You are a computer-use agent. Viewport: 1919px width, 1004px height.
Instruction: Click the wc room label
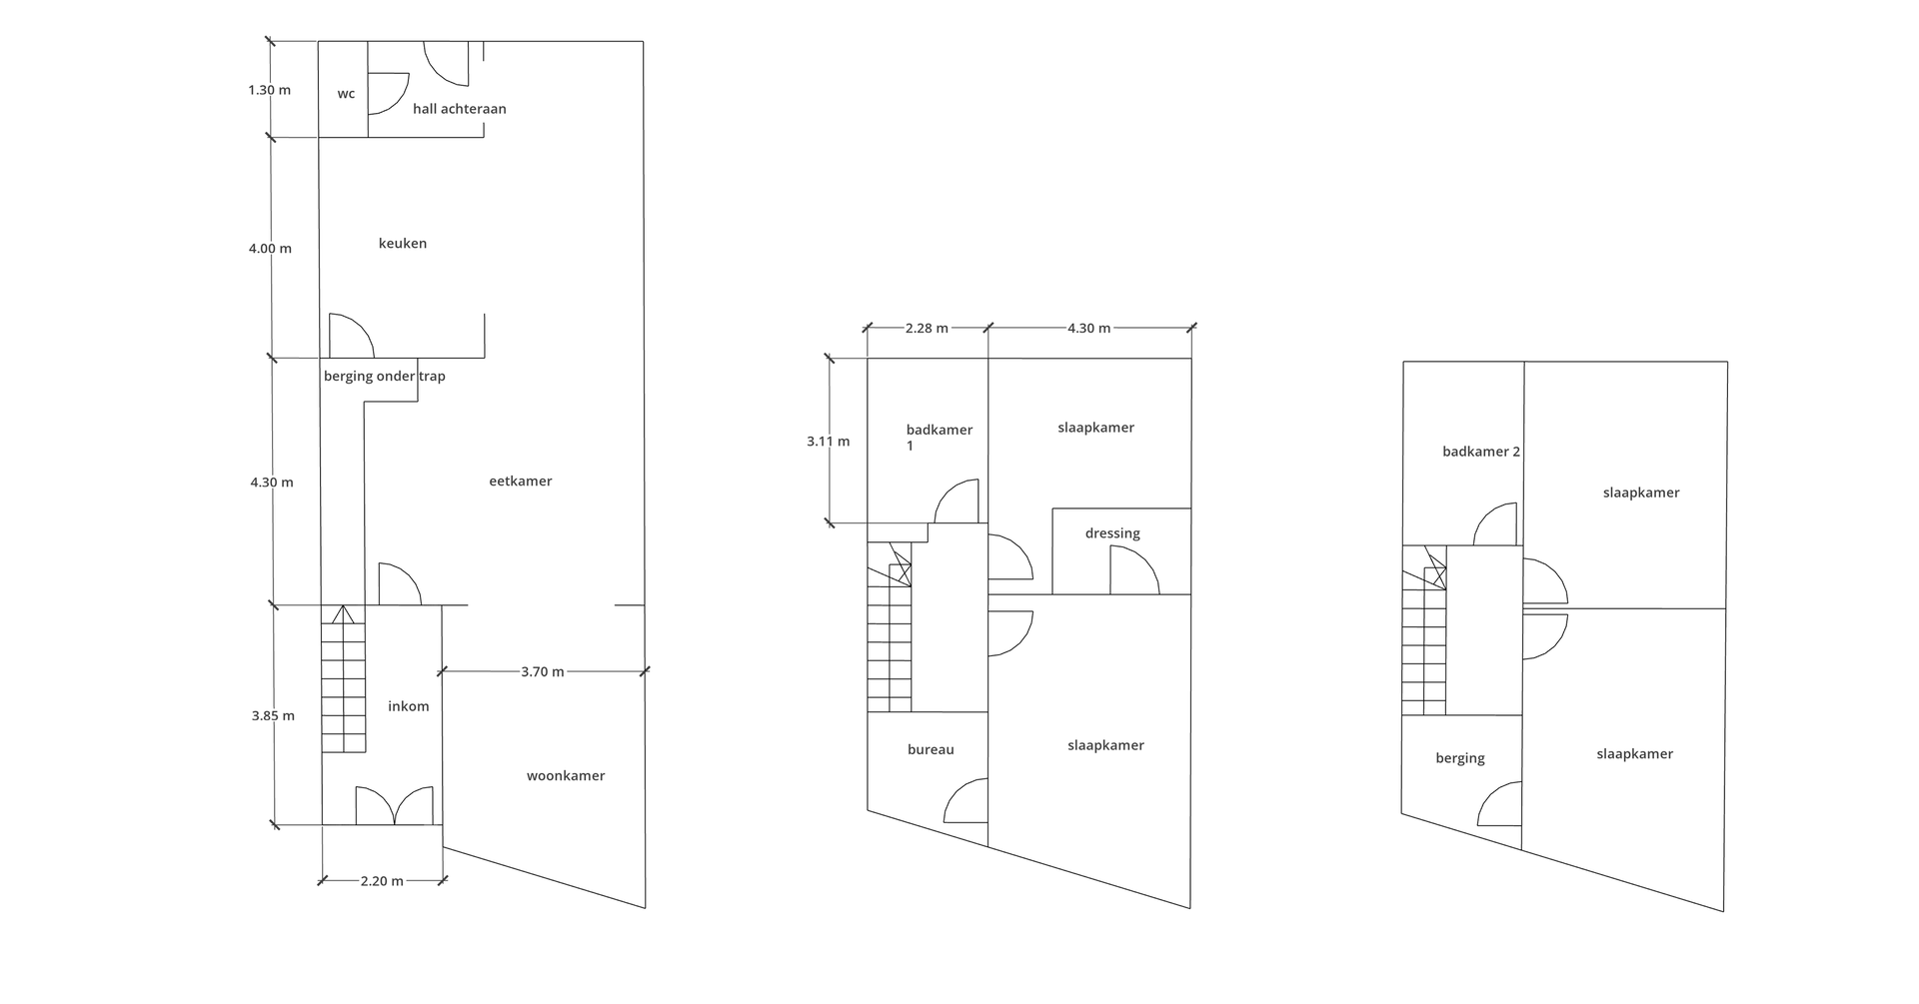point(346,94)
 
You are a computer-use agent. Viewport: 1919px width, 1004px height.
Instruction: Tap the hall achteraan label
point(460,109)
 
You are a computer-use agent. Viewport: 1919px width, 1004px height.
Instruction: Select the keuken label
point(403,243)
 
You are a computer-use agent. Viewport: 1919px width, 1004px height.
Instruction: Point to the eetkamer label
point(521,481)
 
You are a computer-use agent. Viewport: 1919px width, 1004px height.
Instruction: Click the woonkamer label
point(566,775)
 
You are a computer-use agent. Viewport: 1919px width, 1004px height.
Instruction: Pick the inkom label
point(409,706)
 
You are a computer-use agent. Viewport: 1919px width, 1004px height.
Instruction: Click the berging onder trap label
point(385,377)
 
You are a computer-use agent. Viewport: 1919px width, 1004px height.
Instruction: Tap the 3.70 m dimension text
point(543,671)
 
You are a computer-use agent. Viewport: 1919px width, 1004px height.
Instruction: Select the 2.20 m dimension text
point(382,881)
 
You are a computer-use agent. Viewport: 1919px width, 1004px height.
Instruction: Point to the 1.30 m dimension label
point(270,90)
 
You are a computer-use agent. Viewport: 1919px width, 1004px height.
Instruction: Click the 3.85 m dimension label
point(273,715)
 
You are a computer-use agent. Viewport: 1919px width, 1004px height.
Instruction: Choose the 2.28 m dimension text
point(927,328)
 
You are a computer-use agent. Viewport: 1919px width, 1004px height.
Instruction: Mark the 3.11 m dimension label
point(829,441)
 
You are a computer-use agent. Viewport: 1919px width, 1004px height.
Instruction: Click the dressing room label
point(1112,533)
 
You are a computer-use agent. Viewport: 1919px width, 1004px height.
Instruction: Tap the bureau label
point(931,749)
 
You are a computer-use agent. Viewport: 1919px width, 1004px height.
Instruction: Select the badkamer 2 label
point(1481,452)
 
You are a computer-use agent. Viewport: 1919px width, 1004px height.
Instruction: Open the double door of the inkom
point(395,805)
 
